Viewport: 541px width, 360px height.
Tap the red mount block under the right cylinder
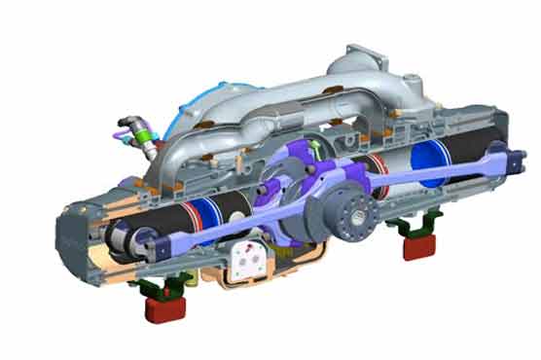coord(419,244)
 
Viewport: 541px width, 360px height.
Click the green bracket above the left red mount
coord(162,288)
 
